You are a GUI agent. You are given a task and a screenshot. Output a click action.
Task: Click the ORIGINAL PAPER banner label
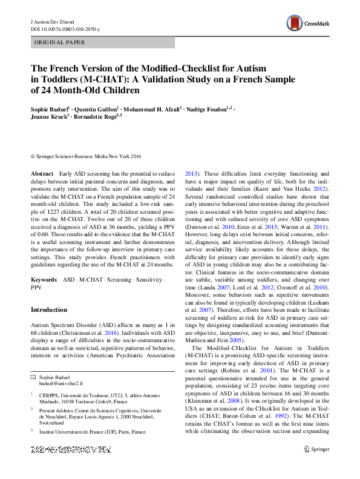point(60,42)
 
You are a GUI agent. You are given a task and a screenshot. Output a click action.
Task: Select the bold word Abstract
point(41,174)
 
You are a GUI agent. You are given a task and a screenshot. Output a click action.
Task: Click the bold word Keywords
point(44,280)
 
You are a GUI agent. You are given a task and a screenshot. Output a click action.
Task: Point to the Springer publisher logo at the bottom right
point(317,466)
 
